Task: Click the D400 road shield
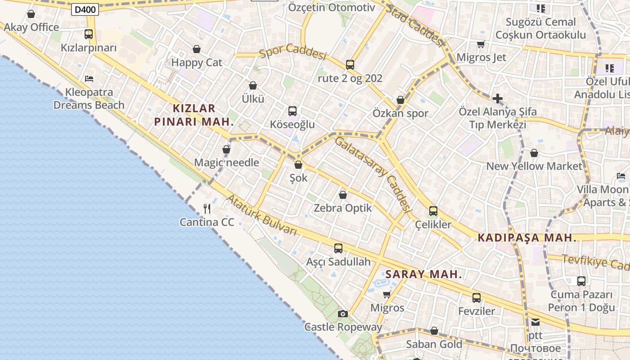[x=85, y=9]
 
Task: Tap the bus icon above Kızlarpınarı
[x=89, y=34]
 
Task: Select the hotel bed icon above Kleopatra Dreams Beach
[x=89, y=78]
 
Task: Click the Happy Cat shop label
[x=197, y=63]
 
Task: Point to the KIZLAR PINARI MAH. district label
[x=194, y=115]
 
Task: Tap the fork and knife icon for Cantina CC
[x=207, y=208]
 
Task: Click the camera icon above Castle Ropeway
[x=343, y=314]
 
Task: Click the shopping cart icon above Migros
[x=387, y=295]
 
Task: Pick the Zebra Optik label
[x=343, y=208]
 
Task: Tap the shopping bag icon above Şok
[x=298, y=165]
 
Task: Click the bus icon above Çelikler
[x=433, y=211]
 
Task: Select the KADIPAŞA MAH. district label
[x=527, y=238]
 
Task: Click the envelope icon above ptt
[x=535, y=322]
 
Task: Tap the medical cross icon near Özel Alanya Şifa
[x=497, y=98]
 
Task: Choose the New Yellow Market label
[x=534, y=166]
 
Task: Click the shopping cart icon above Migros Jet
[x=481, y=44]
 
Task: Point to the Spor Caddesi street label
[x=292, y=51]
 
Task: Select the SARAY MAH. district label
[x=424, y=274]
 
